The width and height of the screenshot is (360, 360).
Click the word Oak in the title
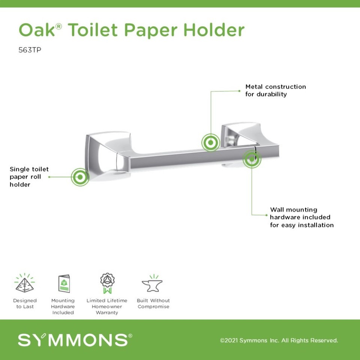[x=37, y=30]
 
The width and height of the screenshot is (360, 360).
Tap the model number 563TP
[x=30, y=50]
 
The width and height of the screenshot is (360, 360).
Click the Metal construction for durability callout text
[x=276, y=90]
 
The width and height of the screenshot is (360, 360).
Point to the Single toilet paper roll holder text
[x=29, y=177]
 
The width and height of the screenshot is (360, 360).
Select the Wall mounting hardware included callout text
[x=301, y=217]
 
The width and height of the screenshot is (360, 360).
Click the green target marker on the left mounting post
[x=80, y=177]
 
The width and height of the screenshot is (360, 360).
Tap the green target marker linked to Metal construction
[x=210, y=142]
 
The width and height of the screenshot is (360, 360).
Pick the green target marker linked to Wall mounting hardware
[x=252, y=159]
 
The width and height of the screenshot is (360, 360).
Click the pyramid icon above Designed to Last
[x=25, y=283]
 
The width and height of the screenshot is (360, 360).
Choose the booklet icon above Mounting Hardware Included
[x=63, y=283]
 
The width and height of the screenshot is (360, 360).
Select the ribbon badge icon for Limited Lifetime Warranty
[x=107, y=283]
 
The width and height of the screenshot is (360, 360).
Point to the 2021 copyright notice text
[x=279, y=340]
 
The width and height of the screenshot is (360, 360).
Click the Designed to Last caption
[x=25, y=303]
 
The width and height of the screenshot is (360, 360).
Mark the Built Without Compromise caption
[x=153, y=303]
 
